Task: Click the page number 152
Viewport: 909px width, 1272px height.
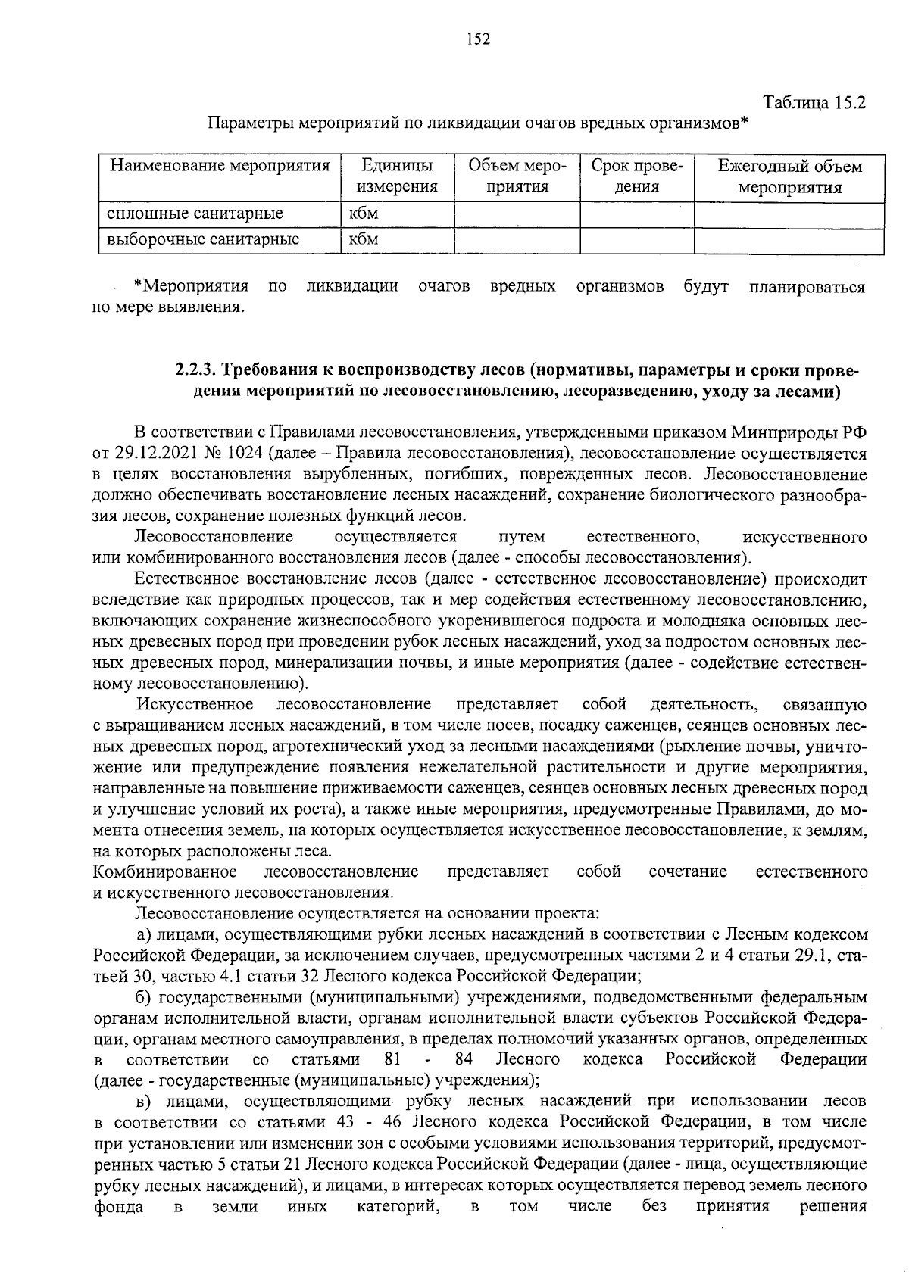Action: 478,39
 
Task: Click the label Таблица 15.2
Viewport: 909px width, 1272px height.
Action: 814,102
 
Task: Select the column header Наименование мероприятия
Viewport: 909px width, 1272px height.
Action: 220,166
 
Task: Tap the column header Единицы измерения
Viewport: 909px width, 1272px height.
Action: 398,176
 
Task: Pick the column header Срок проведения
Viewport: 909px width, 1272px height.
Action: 636,176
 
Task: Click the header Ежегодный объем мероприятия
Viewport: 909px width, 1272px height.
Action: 789,176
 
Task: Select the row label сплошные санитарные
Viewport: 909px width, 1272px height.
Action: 195,214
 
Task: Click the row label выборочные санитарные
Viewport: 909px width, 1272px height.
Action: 203,239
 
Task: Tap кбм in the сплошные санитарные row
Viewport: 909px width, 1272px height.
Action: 364,214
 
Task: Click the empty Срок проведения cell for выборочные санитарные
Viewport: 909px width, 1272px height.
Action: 636,240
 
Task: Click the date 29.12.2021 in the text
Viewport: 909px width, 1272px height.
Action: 157,454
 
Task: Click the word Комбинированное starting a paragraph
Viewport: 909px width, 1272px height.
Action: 164,871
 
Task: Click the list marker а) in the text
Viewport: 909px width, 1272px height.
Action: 144,935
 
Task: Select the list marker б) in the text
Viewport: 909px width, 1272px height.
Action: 144,997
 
